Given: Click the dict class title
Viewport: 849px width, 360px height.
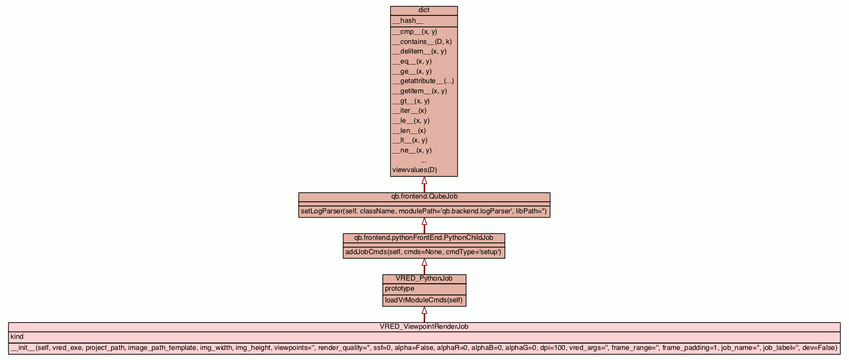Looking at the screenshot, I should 424,10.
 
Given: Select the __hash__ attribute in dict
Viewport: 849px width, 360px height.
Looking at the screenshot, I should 408,21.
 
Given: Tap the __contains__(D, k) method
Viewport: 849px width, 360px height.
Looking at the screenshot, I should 422,41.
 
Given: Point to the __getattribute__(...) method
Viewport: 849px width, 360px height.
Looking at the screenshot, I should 423,81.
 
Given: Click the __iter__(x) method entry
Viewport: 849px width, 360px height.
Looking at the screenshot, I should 409,111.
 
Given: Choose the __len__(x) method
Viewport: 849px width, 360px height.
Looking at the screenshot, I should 409,131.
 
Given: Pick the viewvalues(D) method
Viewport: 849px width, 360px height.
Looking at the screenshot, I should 415,170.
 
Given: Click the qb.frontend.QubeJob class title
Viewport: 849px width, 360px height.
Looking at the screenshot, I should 424,196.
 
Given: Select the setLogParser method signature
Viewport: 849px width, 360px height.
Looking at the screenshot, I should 424,211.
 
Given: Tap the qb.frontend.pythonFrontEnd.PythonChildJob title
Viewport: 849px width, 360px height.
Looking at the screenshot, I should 424,238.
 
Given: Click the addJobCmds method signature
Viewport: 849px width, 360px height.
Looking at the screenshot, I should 423,252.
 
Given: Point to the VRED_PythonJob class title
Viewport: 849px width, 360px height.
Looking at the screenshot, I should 424,278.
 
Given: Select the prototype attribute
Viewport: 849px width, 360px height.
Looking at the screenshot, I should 400,289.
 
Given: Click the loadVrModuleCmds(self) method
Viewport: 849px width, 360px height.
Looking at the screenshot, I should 424,300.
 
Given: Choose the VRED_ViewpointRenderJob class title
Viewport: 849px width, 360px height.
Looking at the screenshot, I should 424,327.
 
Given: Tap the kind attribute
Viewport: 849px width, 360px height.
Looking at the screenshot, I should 17,337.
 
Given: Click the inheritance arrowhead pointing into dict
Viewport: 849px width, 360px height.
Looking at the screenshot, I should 424,181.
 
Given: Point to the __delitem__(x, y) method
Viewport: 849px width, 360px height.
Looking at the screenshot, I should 419,51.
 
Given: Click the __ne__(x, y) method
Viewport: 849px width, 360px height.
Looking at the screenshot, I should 412,150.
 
